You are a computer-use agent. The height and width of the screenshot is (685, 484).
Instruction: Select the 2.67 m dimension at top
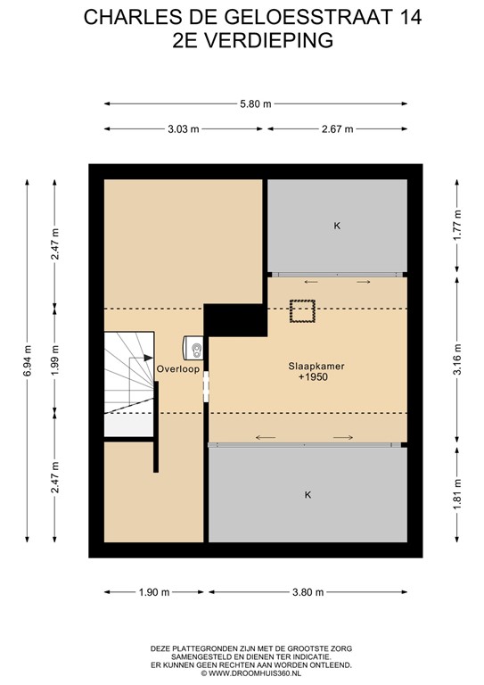click(x=337, y=129)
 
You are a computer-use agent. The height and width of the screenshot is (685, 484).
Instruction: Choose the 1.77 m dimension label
click(x=456, y=227)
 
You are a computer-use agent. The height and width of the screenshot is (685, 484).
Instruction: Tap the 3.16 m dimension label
click(x=456, y=360)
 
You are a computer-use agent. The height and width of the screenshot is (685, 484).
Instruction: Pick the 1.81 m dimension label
click(x=456, y=494)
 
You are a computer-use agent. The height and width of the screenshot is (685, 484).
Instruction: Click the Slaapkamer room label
click(x=316, y=366)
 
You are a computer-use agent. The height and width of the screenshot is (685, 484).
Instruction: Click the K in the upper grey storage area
click(x=337, y=227)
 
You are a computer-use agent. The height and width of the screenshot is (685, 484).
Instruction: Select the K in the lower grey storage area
click(x=308, y=494)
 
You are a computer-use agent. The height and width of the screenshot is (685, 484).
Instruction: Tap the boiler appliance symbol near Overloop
click(x=194, y=347)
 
